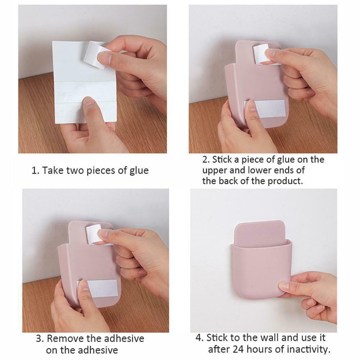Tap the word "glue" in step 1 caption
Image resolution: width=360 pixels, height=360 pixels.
tap(138, 170)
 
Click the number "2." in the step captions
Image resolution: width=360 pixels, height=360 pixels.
tap(206, 159)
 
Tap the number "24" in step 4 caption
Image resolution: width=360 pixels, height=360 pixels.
tap(240, 349)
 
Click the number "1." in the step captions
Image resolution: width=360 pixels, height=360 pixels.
tap(35, 170)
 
